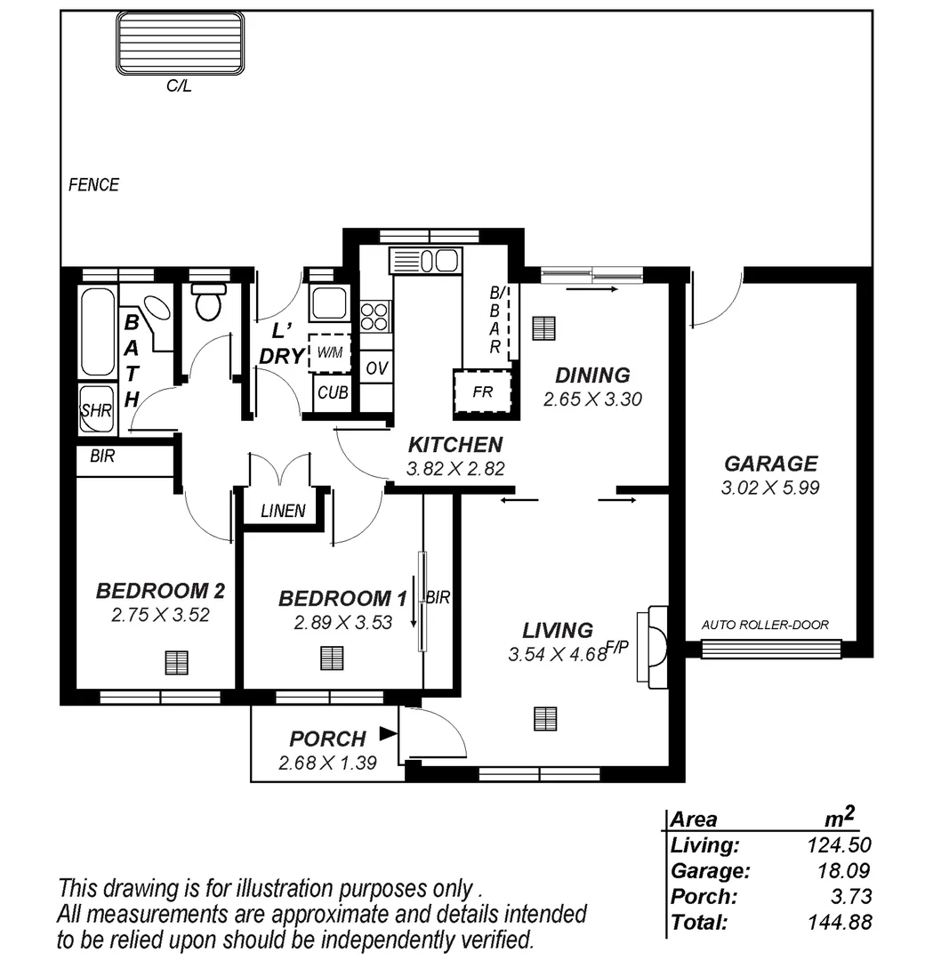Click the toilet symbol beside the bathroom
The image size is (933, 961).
[208, 303]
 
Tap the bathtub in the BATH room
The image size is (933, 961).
[97, 332]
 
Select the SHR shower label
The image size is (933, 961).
[95, 410]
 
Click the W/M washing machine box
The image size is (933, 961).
[329, 352]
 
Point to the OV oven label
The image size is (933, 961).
[377, 368]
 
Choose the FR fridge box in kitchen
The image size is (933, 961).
[484, 392]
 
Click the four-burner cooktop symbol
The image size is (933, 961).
[374, 316]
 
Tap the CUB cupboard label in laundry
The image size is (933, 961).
[332, 392]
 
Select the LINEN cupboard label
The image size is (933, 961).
[283, 511]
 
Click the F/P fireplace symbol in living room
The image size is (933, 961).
[656, 644]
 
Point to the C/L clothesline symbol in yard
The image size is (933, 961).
[179, 44]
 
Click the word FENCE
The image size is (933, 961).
[93, 185]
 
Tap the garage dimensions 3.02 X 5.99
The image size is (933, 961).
[770, 488]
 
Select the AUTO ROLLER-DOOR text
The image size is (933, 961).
[765, 625]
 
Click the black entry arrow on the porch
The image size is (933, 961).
[387, 733]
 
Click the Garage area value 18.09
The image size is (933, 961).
[845, 871]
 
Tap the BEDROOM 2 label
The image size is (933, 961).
[160, 591]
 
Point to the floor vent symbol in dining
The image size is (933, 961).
[543, 328]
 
